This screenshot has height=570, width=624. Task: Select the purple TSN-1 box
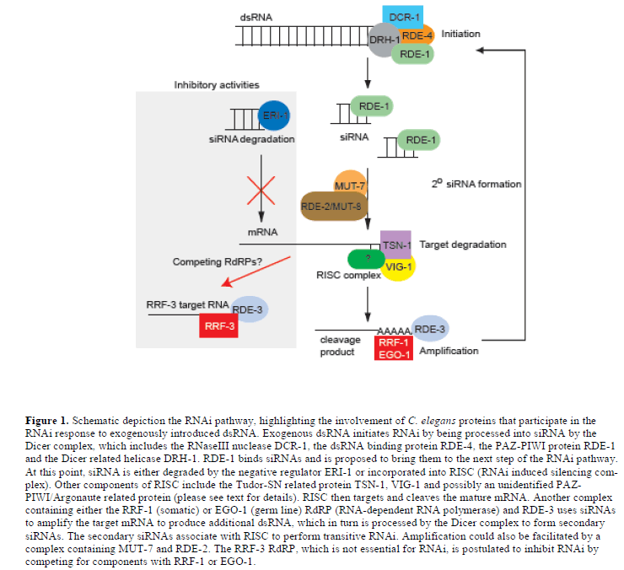pyautogui.click(x=395, y=245)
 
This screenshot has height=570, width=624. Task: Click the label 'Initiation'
pyautogui.click(x=460, y=35)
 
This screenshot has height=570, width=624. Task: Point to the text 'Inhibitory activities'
pyautogui.click(x=217, y=85)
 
